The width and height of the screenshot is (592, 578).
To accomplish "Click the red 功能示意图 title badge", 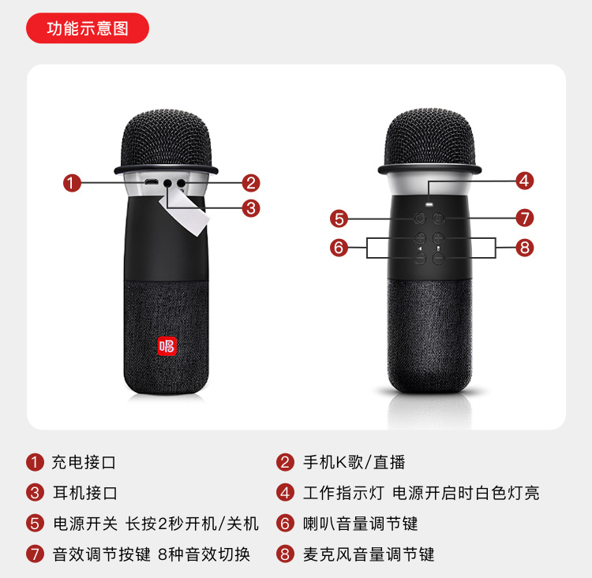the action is (x=88, y=28).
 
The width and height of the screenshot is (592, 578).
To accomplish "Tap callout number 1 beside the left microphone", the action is (x=72, y=183).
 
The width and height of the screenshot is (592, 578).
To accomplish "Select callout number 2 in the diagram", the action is (x=251, y=183).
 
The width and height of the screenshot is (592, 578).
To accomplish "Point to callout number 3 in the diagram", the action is (x=251, y=208).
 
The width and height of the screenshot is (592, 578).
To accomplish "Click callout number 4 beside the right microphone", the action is (x=525, y=181).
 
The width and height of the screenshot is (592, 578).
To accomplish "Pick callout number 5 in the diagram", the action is (x=339, y=218).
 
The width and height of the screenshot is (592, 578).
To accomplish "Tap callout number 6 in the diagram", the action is (x=339, y=248).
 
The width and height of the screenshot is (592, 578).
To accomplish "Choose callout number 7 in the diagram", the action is (x=525, y=218).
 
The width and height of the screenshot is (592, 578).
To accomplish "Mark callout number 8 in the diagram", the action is (x=525, y=248).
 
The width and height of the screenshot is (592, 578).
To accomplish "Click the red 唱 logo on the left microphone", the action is (x=167, y=346).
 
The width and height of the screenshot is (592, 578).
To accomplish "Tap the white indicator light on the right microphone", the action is (x=429, y=204).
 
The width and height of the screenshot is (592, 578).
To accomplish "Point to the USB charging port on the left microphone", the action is (x=151, y=182).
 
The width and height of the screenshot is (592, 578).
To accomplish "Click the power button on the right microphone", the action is (x=420, y=218).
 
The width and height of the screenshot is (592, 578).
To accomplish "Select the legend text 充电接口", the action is (x=84, y=462).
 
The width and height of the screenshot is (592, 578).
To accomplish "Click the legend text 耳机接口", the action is (x=85, y=493).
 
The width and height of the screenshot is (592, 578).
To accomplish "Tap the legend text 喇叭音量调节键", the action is (x=360, y=524).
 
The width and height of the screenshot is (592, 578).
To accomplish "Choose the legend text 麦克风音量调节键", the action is (x=369, y=554).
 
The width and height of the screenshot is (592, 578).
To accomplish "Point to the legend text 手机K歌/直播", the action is (x=354, y=462).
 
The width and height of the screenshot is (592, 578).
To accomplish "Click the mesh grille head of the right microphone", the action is (x=429, y=139).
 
